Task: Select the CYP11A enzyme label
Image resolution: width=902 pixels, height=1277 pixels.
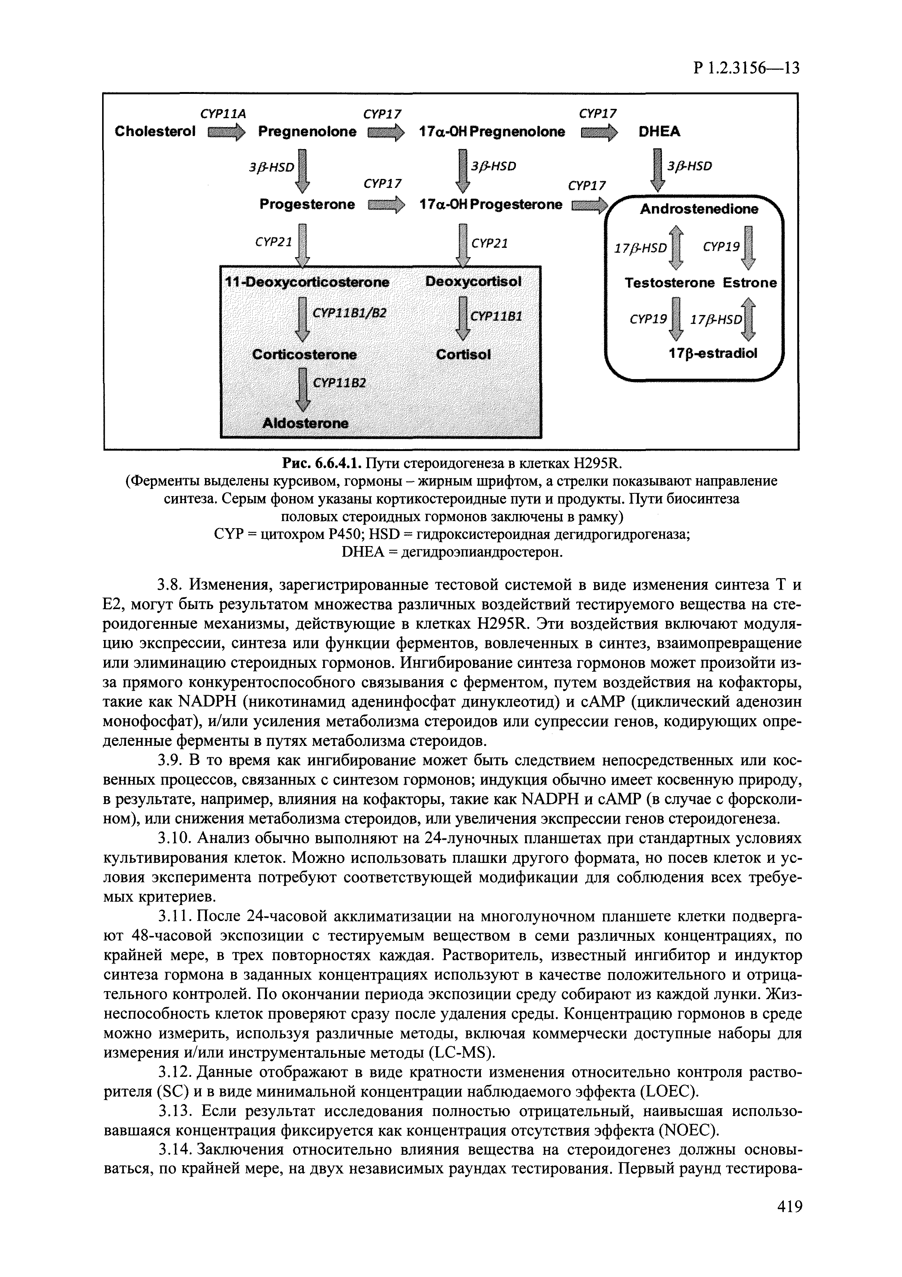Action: pyautogui.click(x=223, y=113)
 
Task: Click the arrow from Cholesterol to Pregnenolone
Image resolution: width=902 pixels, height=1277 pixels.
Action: pyautogui.click(x=226, y=132)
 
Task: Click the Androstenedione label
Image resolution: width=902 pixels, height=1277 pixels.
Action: pyautogui.click(x=699, y=209)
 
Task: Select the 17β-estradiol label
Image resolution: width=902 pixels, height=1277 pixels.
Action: pyautogui.click(x=713, y=354)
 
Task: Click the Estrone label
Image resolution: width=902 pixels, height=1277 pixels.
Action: pyautogui.click(x=750, y=283)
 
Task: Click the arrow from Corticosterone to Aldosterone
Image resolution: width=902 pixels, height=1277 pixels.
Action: pyautogui.click(x=303, y=392)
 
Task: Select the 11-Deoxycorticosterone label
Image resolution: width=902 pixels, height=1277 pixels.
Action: pyautogui.click(x=306, y=282)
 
